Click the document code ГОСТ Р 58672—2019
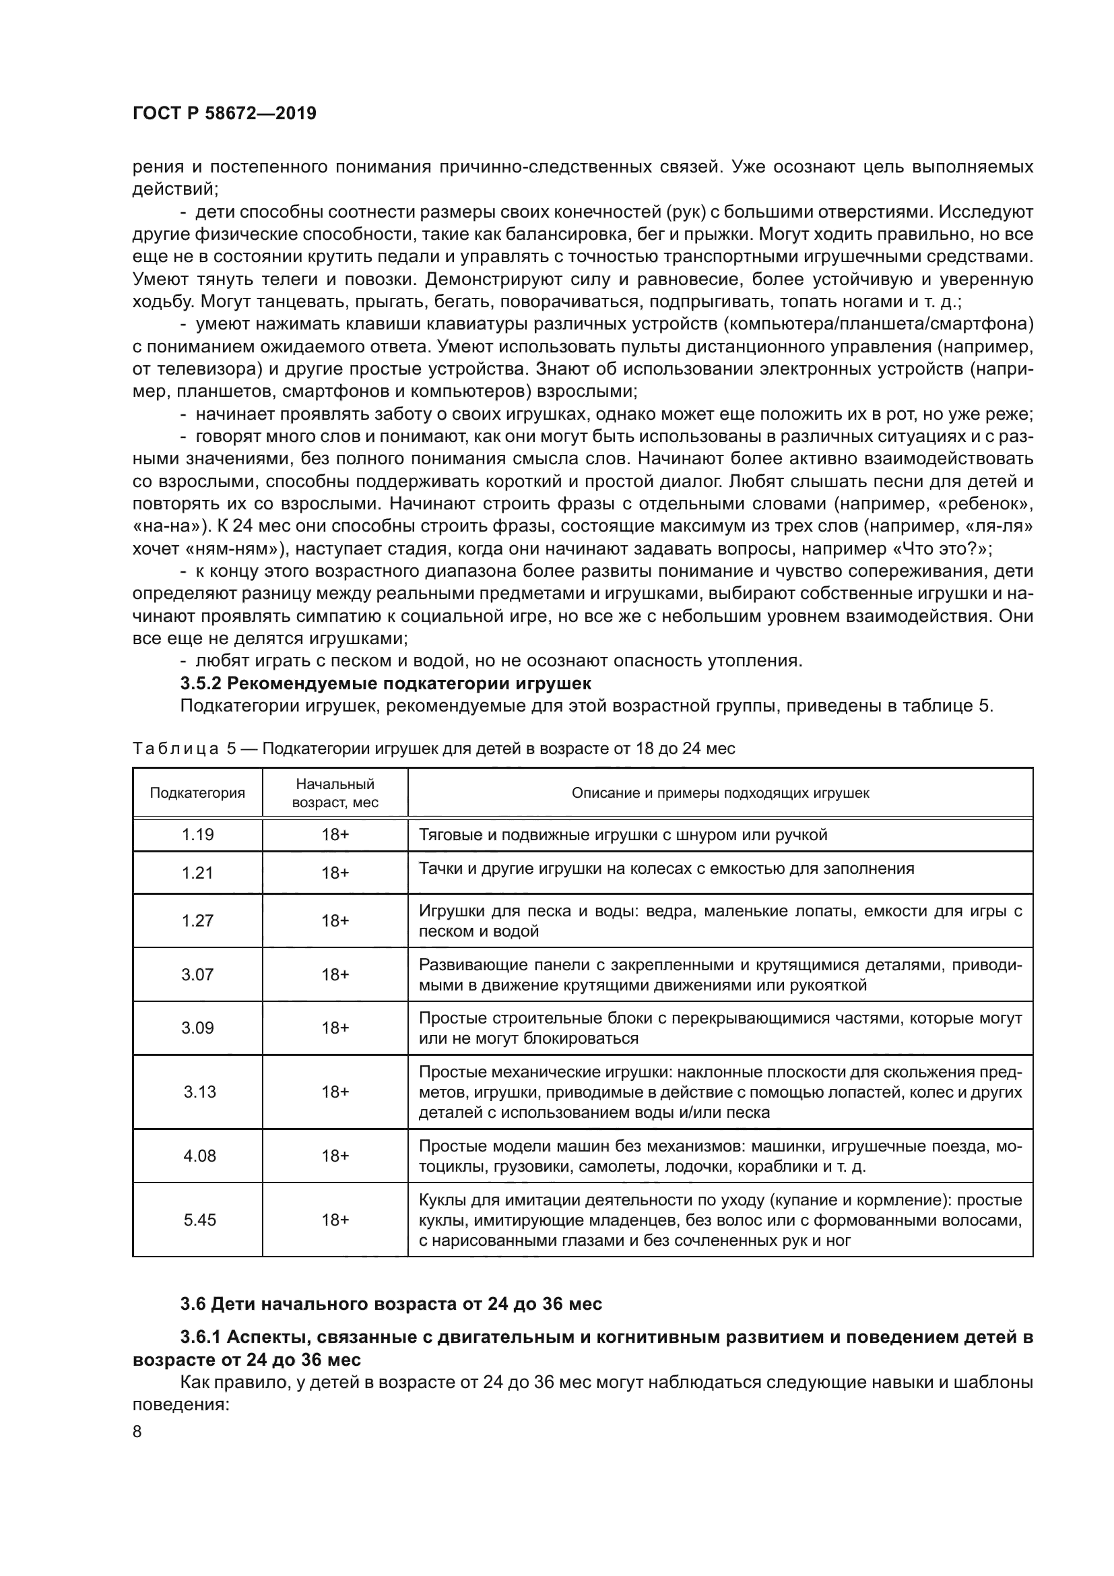[x=224, y=113]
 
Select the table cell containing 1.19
[x=197, y=835]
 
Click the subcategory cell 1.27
[x=197, y=920]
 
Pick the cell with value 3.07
[x=197, y=974]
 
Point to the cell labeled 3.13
[x=199, y=1092]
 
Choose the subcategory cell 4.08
[x=199, y=1156]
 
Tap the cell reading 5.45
[x=199, y=1219]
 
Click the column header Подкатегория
[x=197, y=793]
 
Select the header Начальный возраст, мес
[x=335, y=793]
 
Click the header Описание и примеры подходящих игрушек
[x=720, y=793]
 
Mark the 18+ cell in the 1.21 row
[x=335, y=873]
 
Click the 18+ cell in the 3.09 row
[x=335, y=1028]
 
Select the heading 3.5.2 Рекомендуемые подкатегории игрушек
[x=385, y=684]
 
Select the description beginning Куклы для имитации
[x=720, y=1220]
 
